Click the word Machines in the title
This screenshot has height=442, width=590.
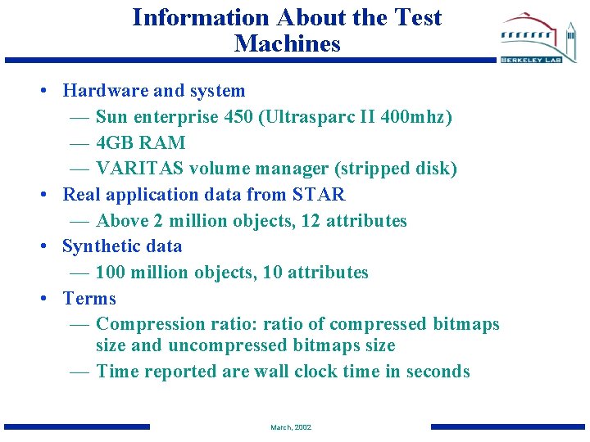click(287, 43)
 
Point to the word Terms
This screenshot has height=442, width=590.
click(89, 299)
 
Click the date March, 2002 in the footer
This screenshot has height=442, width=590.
click(291, 427)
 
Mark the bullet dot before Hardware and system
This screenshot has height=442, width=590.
click(42, 92)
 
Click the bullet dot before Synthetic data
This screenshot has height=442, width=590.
click(42, 247)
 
